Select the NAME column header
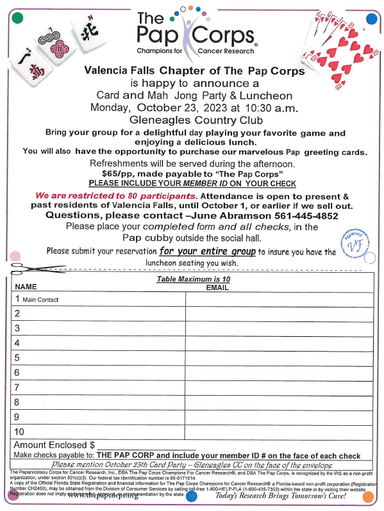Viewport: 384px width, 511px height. tap(26, 288)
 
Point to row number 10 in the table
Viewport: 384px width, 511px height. tap(19, 432)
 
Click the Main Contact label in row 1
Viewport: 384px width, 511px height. tap(40, 300)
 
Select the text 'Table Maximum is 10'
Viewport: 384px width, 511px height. tap(193, 280)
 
